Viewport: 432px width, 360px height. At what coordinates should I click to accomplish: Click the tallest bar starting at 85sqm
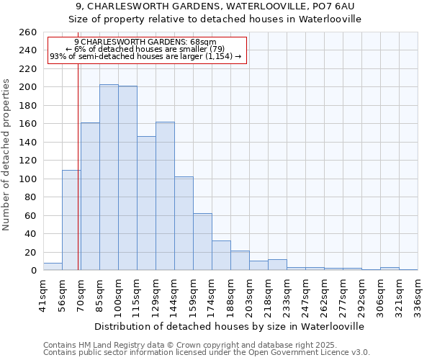point(109,177)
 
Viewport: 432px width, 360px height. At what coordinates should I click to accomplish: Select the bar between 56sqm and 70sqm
point(71,220)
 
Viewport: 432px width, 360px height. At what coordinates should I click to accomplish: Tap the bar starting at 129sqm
point(165,196)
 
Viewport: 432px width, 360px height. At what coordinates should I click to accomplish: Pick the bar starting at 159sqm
point(202,242)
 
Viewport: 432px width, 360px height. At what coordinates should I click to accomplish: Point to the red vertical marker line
point(78,166)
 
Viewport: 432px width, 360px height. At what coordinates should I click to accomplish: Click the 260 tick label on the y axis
point(28,32)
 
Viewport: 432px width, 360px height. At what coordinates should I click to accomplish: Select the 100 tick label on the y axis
point(28,179)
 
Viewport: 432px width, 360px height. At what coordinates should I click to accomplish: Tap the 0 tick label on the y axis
point(33,271)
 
